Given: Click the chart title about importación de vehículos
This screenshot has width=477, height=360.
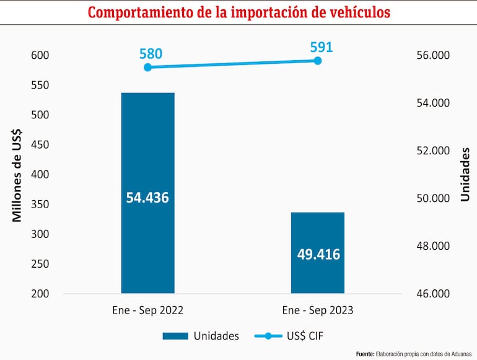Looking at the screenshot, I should pos(239,12).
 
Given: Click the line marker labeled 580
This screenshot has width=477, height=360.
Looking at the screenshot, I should pos(147,67).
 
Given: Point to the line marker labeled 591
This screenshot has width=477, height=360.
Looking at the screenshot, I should pos(318,61).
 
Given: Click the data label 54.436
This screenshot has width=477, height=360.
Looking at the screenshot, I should pos(147,198).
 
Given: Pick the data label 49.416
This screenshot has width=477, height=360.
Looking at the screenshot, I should pos(318,253).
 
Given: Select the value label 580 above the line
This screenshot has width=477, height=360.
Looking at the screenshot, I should pos(151,54).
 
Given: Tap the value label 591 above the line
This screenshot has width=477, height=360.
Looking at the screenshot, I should pos(321,47).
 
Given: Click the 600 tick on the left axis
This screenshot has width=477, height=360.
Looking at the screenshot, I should pos(40,56).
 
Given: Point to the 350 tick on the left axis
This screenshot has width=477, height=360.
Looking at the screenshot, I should pos(40,204).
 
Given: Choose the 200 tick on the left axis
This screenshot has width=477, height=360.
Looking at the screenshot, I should pos(40,294).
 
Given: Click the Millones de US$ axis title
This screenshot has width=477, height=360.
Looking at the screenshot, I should pos(17,175).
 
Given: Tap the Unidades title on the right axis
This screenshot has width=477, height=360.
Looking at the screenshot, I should pos(465,174).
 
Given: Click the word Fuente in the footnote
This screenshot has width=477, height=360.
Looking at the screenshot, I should pos(365,354).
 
